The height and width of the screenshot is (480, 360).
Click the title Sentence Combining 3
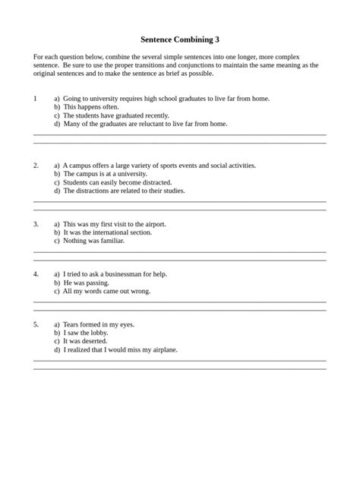coord(180,39)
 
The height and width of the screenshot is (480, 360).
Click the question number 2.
coord(36,165)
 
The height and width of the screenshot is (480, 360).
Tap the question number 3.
coord(36,224)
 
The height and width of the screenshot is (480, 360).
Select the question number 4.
coord(36,273)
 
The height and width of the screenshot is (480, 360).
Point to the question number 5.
coord(36,324)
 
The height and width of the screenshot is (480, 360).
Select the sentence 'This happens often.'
coord(91,107)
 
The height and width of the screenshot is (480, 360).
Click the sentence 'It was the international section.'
coord(107,232)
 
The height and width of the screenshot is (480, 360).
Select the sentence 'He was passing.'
coord(87,282)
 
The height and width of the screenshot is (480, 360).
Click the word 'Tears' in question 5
coord(72,324)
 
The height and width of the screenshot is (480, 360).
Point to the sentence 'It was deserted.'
coord(86,341)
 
